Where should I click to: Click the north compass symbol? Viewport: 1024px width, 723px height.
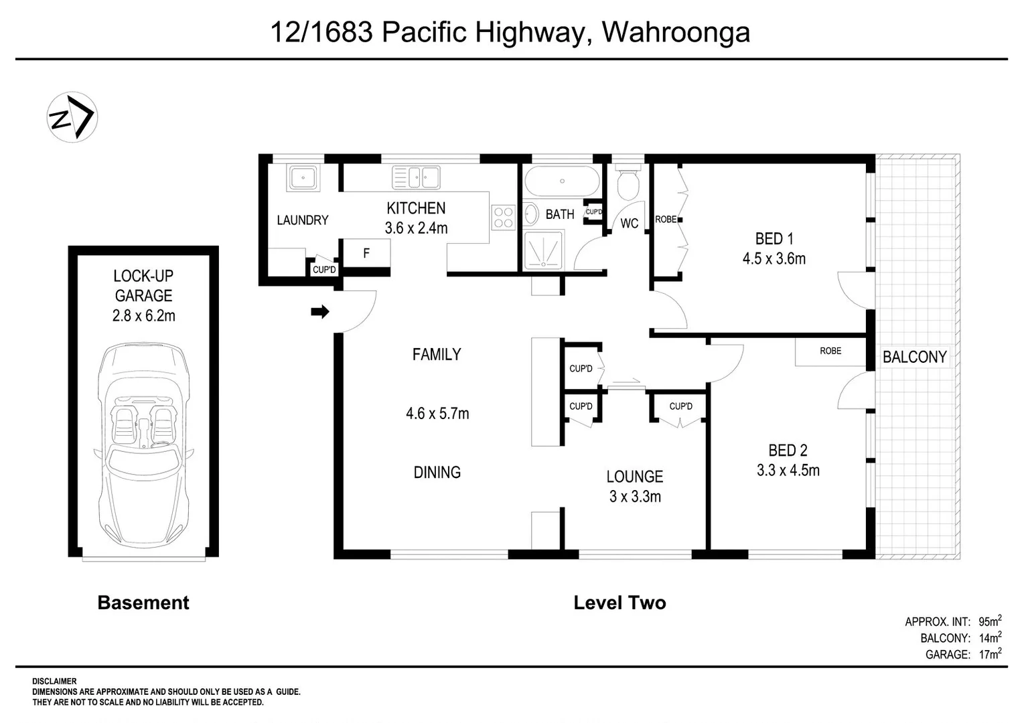(72, 117)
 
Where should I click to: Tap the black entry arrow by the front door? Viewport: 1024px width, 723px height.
(320, 311)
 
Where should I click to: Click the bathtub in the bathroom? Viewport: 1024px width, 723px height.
(562, 181)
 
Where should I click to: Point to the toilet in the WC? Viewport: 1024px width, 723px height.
(628, 184)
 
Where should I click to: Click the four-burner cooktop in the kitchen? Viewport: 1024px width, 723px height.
(503, 217)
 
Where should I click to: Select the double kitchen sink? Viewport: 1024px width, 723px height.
(416, 178)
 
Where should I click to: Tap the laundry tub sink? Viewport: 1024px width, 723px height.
(303, 178)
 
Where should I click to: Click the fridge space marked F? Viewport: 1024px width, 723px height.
(366, 253)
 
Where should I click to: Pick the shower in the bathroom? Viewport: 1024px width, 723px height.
(543, 250)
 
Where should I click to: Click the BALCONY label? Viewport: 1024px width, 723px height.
(914, 357)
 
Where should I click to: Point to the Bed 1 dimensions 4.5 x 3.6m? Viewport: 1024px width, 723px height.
(774, 258)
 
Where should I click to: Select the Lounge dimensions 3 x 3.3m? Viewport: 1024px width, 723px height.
(634, 496)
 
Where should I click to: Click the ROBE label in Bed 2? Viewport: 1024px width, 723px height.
(830, 351)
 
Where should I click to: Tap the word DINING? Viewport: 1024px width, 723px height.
(437, 472)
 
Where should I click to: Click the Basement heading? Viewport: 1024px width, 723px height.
(143, 602)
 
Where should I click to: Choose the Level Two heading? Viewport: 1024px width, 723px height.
(619, 602)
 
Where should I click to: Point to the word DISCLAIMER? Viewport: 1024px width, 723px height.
(54, 681)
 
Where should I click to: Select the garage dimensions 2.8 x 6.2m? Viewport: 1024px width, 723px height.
(143, 315)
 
